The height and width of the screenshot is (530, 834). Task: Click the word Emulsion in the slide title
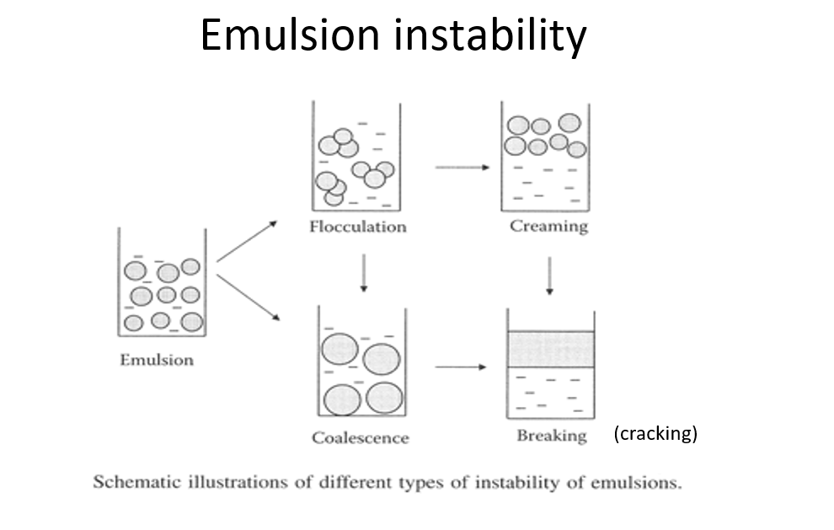[290, 35]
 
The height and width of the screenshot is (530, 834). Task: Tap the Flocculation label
[358, 227]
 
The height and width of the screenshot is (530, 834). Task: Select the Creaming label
[549, 226]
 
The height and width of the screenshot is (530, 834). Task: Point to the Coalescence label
[360, 438]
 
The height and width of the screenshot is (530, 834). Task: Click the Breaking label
[552, 436]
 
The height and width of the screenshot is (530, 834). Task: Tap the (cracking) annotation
[655, 433]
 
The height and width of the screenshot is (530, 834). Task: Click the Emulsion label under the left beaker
[157, 361]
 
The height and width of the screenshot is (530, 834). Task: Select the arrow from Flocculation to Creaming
[462, 168]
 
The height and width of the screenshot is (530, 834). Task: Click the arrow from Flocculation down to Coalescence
[364, 273]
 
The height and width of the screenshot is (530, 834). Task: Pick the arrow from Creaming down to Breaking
[549, 276]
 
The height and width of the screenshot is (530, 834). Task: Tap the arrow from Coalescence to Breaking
[461, 367]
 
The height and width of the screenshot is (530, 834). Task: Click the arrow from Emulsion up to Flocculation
[248, 241]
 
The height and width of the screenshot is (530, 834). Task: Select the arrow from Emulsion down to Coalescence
[249, 297]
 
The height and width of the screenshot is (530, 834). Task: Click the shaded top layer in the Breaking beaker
[551, 349]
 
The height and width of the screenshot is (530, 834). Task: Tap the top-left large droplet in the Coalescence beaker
[339, 349]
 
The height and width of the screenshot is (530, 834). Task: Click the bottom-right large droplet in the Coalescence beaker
[384, 398]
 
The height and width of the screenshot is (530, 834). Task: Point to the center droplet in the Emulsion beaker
[167, 295]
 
